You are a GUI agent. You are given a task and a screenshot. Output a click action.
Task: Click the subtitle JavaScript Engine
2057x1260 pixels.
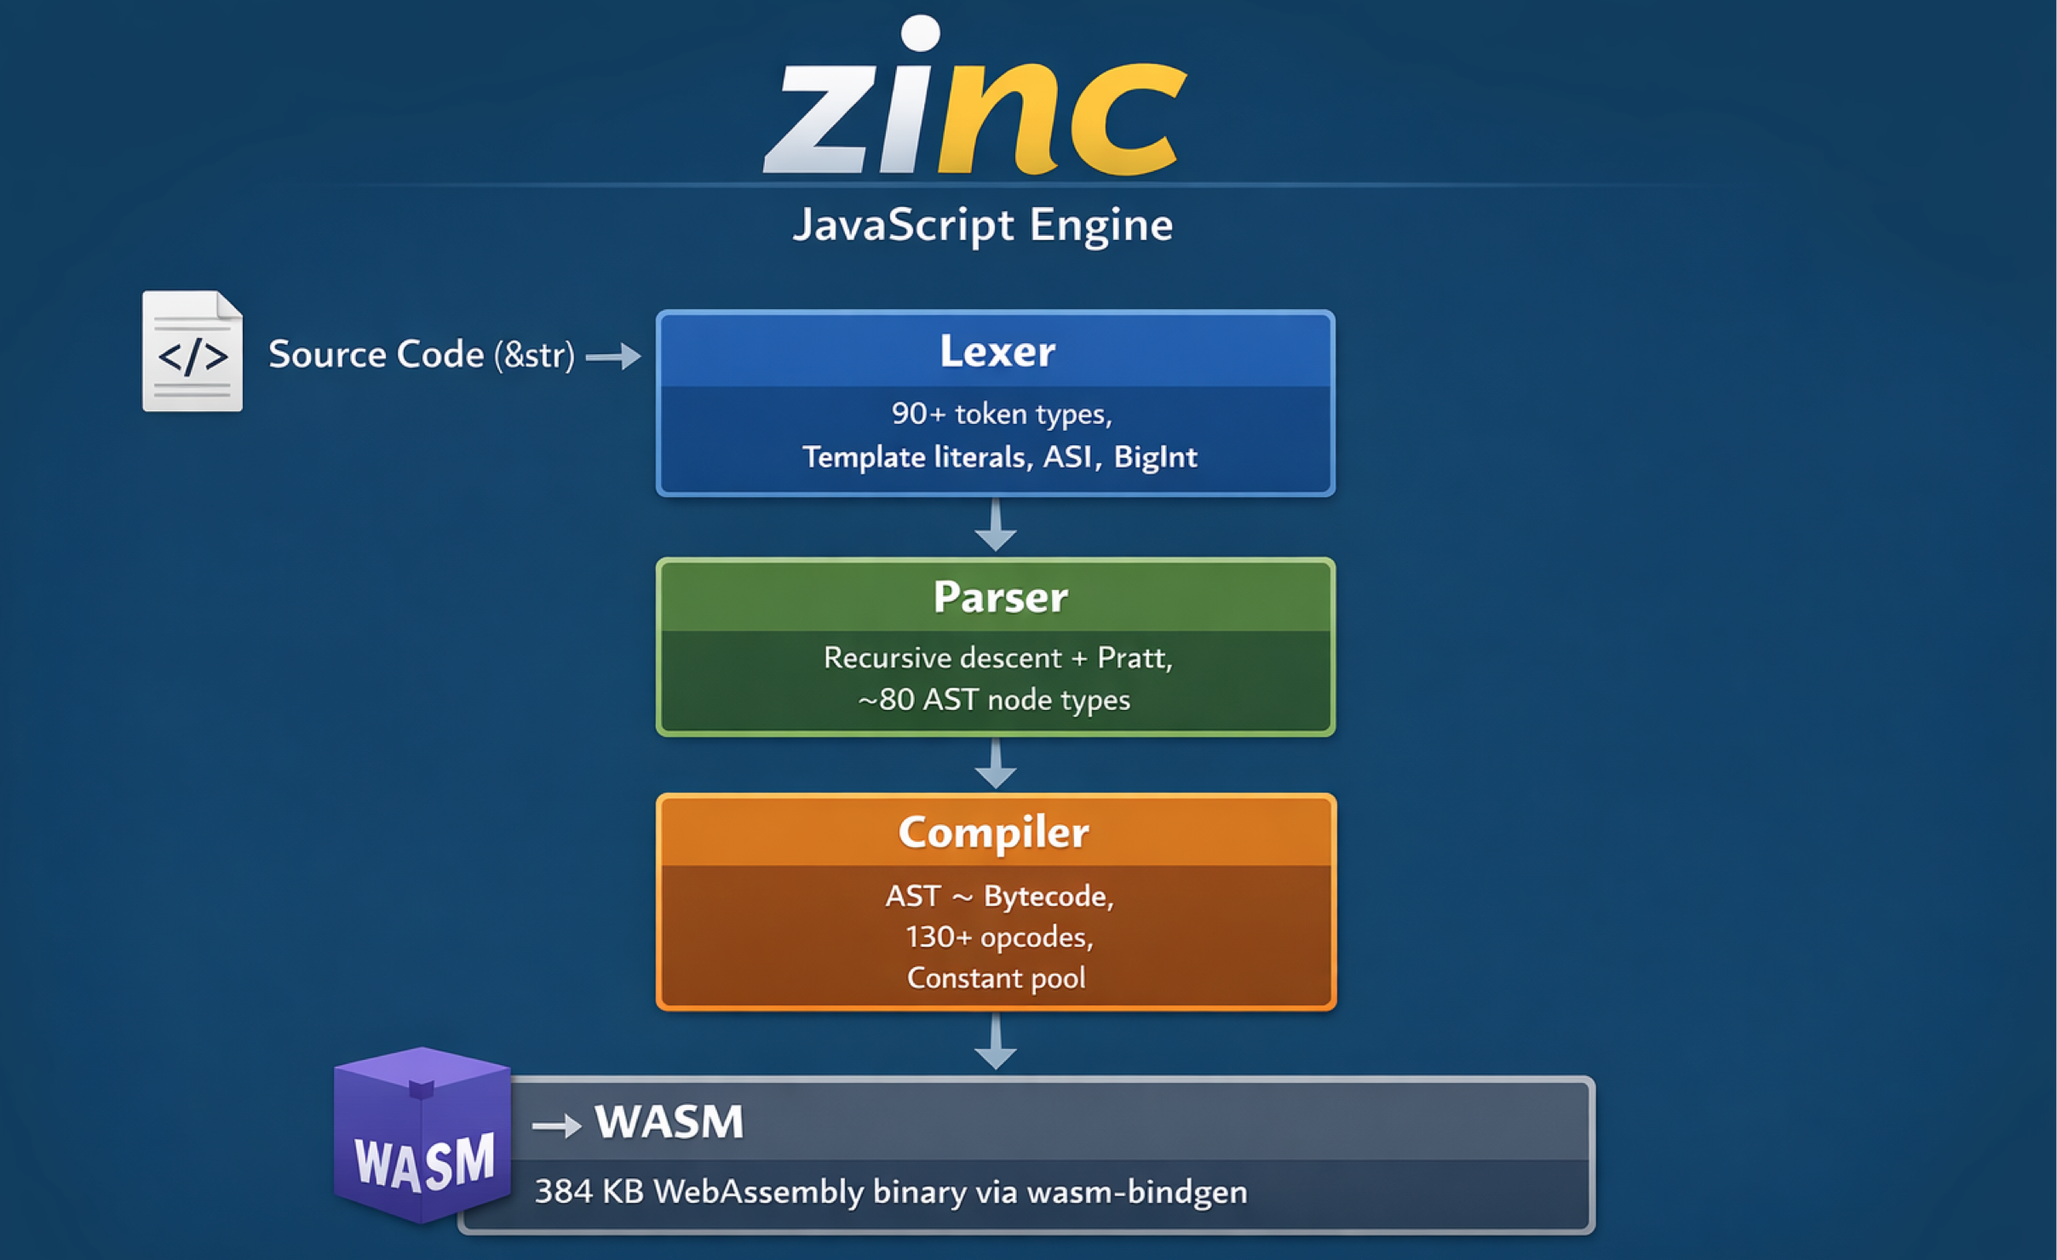(983, 226)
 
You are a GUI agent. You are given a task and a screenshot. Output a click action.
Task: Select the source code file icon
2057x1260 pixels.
(192, 351)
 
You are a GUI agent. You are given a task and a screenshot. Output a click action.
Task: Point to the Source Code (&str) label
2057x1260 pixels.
(422, 354)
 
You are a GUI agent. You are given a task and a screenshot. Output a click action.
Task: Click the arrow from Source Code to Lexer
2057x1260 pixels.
(613, 356)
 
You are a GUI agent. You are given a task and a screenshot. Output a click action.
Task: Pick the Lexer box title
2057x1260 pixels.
(997, 351)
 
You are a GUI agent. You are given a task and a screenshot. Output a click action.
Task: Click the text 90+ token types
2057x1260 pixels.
(1002, 414)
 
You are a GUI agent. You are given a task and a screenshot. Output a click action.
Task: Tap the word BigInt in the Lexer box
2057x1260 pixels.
(1156, 457)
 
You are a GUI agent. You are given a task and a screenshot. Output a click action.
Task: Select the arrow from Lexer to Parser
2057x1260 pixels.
(995, 524)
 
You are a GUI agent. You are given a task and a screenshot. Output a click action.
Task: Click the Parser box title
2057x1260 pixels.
(1001, 596)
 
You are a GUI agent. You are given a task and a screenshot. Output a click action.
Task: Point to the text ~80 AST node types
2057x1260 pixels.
(994, 700)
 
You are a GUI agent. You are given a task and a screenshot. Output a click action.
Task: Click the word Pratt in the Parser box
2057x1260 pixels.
(1135, 658)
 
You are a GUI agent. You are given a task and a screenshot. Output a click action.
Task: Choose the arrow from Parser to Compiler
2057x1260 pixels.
(995, 763)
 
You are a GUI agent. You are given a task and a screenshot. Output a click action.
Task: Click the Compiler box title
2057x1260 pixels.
(994, 833)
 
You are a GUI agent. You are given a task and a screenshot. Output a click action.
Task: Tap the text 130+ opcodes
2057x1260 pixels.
(999, 937)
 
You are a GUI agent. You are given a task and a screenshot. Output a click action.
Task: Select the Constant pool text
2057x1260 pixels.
(997, 978)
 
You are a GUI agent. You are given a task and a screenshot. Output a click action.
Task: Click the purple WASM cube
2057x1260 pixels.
(422, 1136)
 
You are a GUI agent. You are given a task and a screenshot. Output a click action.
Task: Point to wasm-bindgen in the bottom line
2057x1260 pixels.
(1137, 1192)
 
